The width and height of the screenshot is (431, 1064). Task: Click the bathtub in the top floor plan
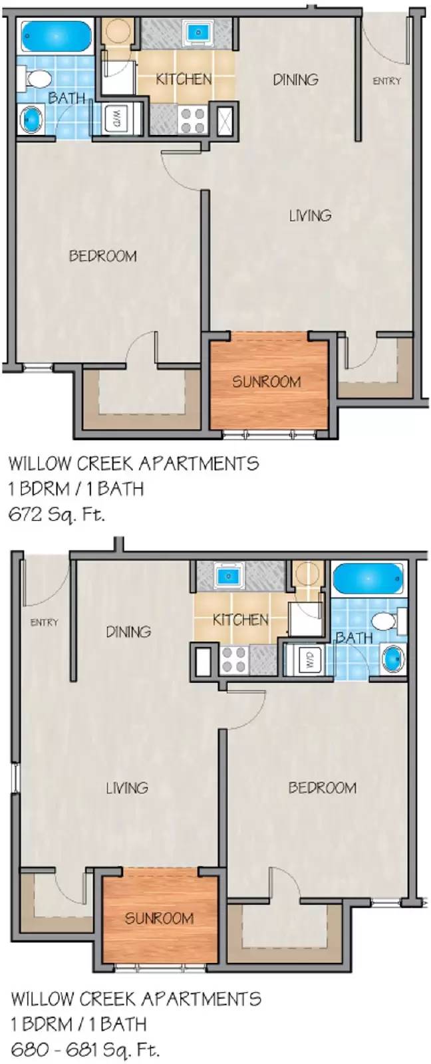point(55,37)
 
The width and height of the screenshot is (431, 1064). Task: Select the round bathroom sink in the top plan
point(32,120)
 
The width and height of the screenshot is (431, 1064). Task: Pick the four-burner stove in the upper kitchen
point(192,120)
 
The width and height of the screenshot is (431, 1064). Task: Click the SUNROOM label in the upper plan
point(266,382)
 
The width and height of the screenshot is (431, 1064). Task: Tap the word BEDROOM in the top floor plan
point(103,256)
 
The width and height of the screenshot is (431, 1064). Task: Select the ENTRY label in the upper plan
point(386,81)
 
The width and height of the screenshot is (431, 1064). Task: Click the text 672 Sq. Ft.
point(56,514)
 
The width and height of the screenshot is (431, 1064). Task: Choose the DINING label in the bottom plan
point(128,631)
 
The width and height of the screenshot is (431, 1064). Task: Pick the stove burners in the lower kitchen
point(234,660)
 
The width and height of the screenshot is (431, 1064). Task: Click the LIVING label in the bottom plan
point(126,788)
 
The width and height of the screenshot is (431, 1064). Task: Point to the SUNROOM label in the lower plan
point(160,918)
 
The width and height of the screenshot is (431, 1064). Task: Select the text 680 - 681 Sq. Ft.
point(84,1050)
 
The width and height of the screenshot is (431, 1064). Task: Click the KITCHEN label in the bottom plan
point(240,620)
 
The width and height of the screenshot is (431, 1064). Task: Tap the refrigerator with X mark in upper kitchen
point(225,120)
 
